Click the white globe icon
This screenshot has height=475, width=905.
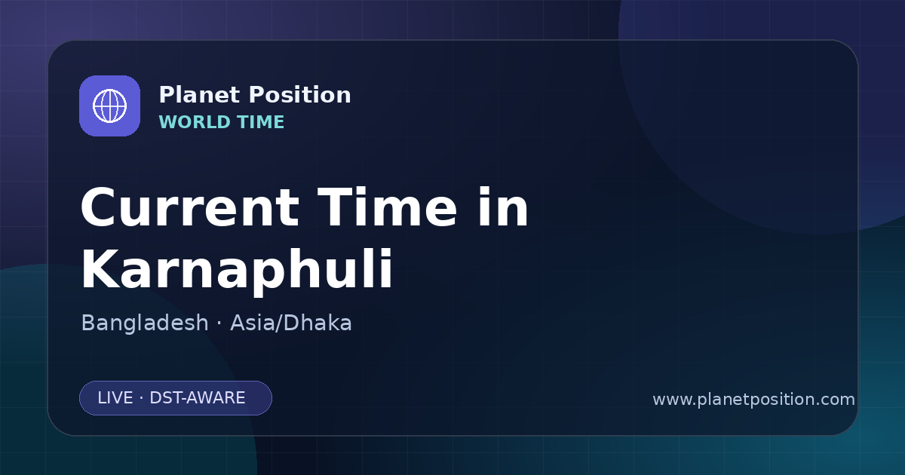pyautogui.click(x=109, y=106)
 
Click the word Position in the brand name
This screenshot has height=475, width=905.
pyautogui.click(x=300, y=95)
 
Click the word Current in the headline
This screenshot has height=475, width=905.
pyautogui.click(x=190, y=207)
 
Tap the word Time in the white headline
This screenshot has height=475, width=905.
pyautogui.click(x=387, y=207)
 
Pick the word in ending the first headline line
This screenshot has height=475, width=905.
pyautogui.click(x=504, y=207)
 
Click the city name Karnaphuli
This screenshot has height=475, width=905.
pyautogui.click(x=237, y=270)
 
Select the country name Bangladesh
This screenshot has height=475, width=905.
pyautogui.click(x=145, y=323)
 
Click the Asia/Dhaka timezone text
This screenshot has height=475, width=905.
pyautogui.click(x=291, y=323)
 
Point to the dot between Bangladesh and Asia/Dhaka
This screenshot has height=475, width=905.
pyautogui.click(x=219, y=324)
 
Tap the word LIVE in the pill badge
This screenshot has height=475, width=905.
pyautogui.click(x=115, y=398)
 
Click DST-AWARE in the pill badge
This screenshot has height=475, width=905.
pyautogui.click(x=197, y=398)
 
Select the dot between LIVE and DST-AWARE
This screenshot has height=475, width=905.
pyautogui.click(x=142, y=398)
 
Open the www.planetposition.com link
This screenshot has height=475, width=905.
pyautogui.click(x=753, y=400)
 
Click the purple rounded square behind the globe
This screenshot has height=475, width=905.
pyautogui.click(x=109, y=106)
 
